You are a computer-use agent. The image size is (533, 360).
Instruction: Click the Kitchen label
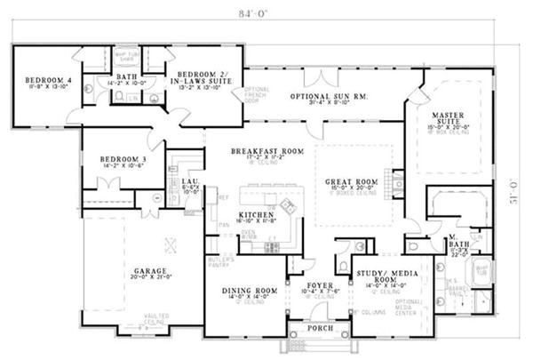(254, 215)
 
